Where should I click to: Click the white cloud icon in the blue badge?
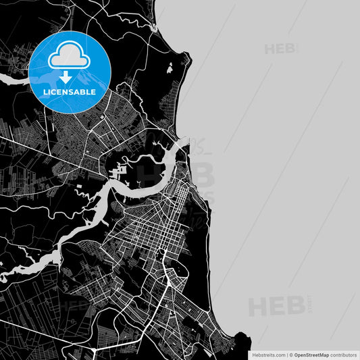click(x=70, y=55)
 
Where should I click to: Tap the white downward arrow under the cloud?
click(x=70, y=76)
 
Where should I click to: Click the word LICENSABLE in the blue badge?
click(x=70, y=91)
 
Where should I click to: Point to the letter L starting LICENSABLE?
click(x=45, y=91)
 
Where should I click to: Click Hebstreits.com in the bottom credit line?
click(x=268, y=354)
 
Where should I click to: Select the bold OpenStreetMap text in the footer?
click(x=316, y=354)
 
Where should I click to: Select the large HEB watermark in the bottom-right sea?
click(x=277, y=307)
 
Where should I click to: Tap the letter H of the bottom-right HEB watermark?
click(x=259, y=307)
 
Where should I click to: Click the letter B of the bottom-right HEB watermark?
click(x=297, y=307)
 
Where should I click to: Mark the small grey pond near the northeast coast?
click(x=168, y=68)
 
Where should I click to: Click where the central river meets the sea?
click(x=183, y=143)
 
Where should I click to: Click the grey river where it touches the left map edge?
click(x=3, y=79)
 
